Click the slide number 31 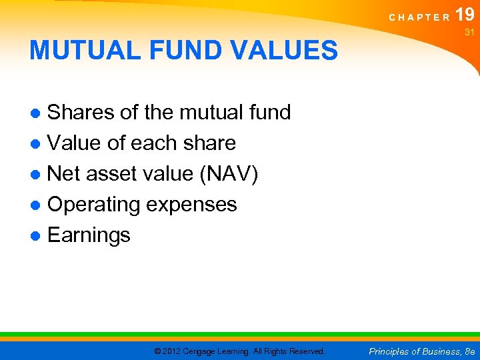coord(468,32)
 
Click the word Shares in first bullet coord(81,113)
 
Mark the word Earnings coord(89,235)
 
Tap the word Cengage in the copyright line coord(204,351)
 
